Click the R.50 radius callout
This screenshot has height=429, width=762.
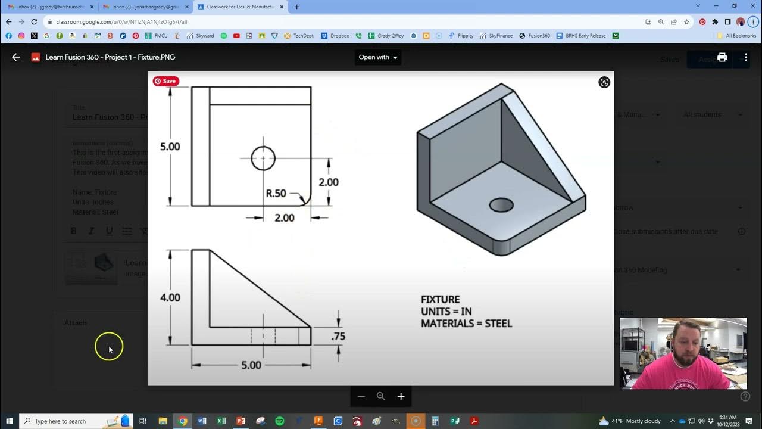coord(276,194)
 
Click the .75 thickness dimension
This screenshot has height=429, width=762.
coord(338,336)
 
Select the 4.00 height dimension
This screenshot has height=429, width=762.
coord(170,297)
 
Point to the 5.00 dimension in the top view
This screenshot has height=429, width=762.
coord(170,147)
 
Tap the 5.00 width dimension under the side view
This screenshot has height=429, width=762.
coord(251,365)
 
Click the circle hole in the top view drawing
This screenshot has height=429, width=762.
coord(263,158)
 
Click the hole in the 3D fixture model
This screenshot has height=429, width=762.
coord(501,205)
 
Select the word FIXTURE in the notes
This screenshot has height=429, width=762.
coord(440,300)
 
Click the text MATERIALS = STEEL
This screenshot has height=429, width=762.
coord(466,324)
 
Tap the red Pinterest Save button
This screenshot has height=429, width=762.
coord(166,81)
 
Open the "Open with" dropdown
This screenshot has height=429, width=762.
coord(378,57)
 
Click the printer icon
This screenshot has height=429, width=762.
coord(722,57)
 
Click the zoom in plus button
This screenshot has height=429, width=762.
coord(401,396)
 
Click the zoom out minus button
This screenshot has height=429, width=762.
coord(361,396)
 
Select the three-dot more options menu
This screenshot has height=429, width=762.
coord(746,57)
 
